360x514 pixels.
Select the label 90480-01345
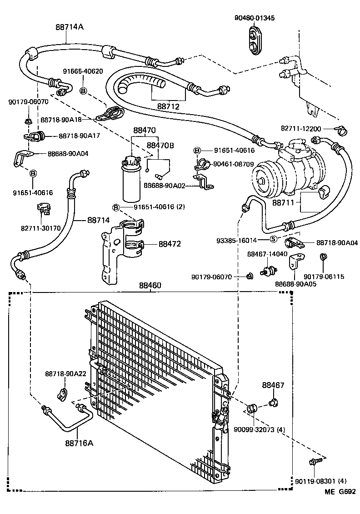(x=255, y=18)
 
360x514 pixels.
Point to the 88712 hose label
(x=169, y=106)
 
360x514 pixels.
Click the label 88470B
(x=160, y=145)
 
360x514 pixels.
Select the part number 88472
(x=170, y=244)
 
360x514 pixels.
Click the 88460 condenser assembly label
(x=150, y=286)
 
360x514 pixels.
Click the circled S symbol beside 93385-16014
(x=274, y=240)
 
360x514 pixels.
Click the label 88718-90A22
(x=65, y=373)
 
